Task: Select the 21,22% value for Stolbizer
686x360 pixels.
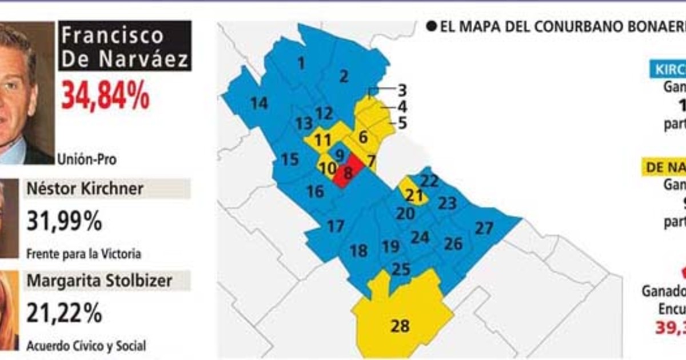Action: [x=64, y=313]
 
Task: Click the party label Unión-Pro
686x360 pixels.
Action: [x=87, y=159]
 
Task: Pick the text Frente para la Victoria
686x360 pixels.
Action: [x=83, y=254]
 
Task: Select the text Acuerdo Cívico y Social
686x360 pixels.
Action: [x=86, y=345]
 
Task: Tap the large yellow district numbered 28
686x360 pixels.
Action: [x=400, y=326]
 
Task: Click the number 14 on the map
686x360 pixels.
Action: [x=259, y=103]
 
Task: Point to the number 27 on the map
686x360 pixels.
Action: [x=484, y=228]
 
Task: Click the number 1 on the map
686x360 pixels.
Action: [x=301, y=63]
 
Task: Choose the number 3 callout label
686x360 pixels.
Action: [x=402, y=90]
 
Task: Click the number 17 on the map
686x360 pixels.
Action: [x=336, y=226]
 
